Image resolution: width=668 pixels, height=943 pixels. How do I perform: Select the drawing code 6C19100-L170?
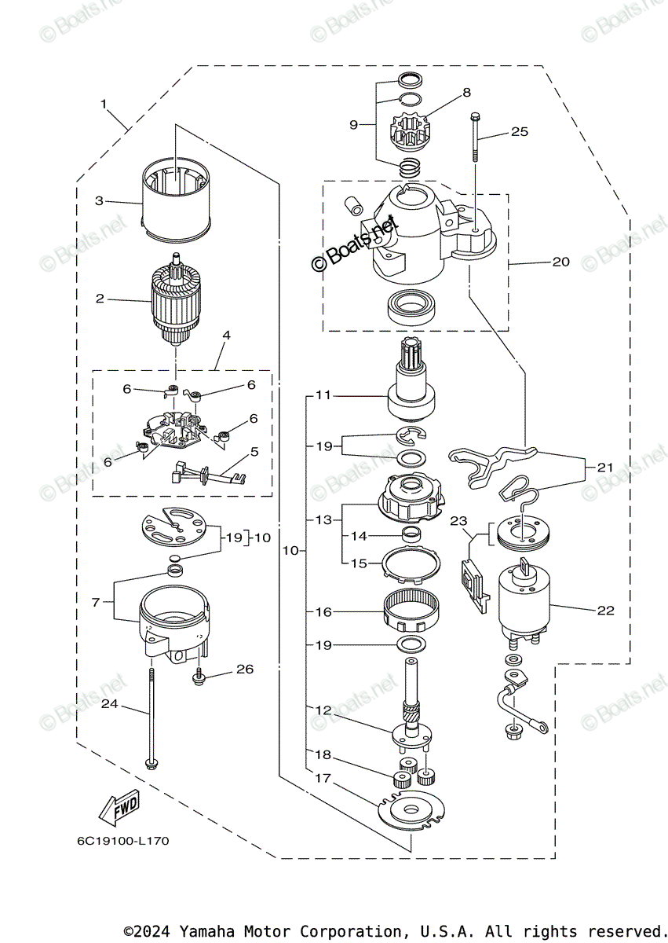click(x=122, y=841)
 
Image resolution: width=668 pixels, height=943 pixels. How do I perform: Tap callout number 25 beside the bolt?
click(x=520, y=132)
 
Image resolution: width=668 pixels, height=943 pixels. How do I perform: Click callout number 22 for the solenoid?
click(x=605, y=610)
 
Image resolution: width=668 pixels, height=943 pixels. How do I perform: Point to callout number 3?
click(x=100, y=201)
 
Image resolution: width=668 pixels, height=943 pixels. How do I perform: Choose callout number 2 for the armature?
click(x=100, y=299)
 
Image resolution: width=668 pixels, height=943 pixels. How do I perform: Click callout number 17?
click(x=323, y=779)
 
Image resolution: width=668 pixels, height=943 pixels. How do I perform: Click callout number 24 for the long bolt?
click(x=109, y=704)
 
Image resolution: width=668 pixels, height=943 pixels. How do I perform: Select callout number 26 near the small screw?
click(x=245, y=670)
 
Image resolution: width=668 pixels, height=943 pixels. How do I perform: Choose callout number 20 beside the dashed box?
click(x=560, y=262)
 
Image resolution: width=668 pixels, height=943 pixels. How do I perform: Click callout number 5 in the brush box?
click(x=254, y=452)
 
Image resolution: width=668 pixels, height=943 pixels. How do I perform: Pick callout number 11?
click(x=323, y=395)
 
